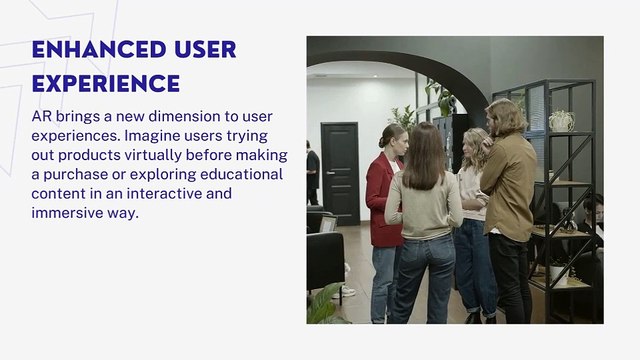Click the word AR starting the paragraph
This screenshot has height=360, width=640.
pos(42,117)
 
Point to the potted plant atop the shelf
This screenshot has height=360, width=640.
pos(561,119)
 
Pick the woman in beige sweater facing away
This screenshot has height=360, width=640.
pos(424,220)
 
